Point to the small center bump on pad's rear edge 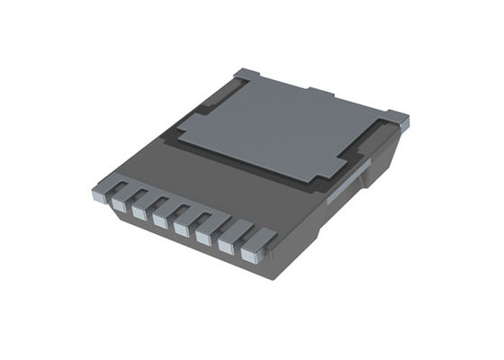pos(320,92)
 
